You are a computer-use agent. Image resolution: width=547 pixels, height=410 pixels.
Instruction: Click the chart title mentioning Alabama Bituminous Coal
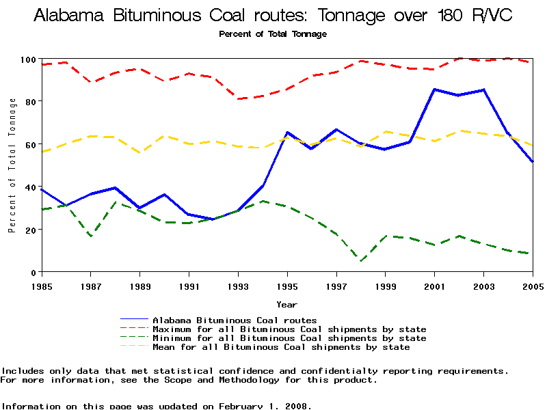click(x=273, y=15)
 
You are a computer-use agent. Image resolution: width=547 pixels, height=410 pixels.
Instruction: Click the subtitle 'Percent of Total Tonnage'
click(x=273, y=34)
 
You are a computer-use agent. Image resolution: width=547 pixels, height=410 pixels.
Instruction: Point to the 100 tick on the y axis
click(x=28, y=59)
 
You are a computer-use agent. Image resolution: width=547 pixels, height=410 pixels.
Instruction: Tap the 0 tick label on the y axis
click(x=34, y=272)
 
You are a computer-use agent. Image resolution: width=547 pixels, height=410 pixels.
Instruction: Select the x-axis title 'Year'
click(x=286, y=304)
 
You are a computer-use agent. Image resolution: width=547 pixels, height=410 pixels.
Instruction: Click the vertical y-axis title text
click(x=12, y=165)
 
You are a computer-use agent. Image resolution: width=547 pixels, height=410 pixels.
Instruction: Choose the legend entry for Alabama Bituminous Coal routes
click(x=235, y=320)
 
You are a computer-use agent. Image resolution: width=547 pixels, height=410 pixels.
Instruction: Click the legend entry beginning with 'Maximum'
click(x=289, y=329)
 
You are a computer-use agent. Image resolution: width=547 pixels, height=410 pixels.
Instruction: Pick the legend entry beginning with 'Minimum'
click(x=289, y=338)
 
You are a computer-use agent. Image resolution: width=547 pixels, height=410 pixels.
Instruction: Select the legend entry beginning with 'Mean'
click(x=281, y=347)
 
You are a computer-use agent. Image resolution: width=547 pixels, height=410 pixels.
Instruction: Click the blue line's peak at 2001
click(x=434, y=90)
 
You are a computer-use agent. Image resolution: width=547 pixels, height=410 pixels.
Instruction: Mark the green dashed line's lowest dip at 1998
click(x=361, y=260)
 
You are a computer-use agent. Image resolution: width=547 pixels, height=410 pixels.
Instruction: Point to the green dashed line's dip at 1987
click(x=91, y=236)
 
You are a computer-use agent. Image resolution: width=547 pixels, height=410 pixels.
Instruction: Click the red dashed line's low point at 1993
click(x=238, y=99)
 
